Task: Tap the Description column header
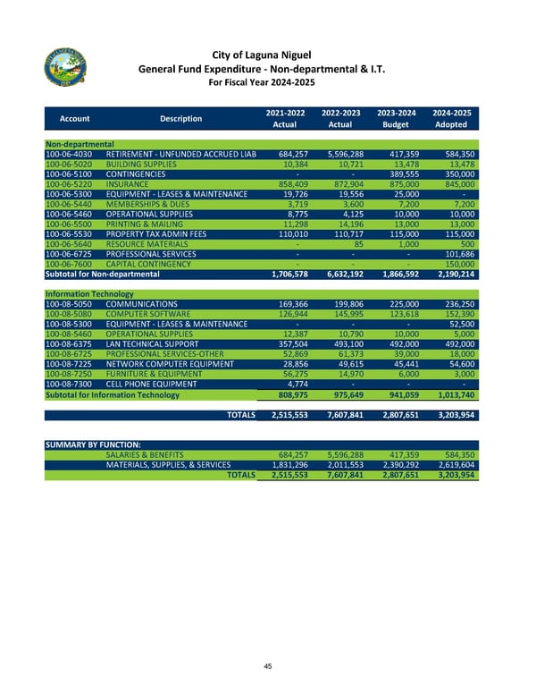(180, 118)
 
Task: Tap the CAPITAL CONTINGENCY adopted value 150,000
(455, 264)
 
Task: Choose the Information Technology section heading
(90, 292)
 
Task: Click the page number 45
(267, 664)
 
